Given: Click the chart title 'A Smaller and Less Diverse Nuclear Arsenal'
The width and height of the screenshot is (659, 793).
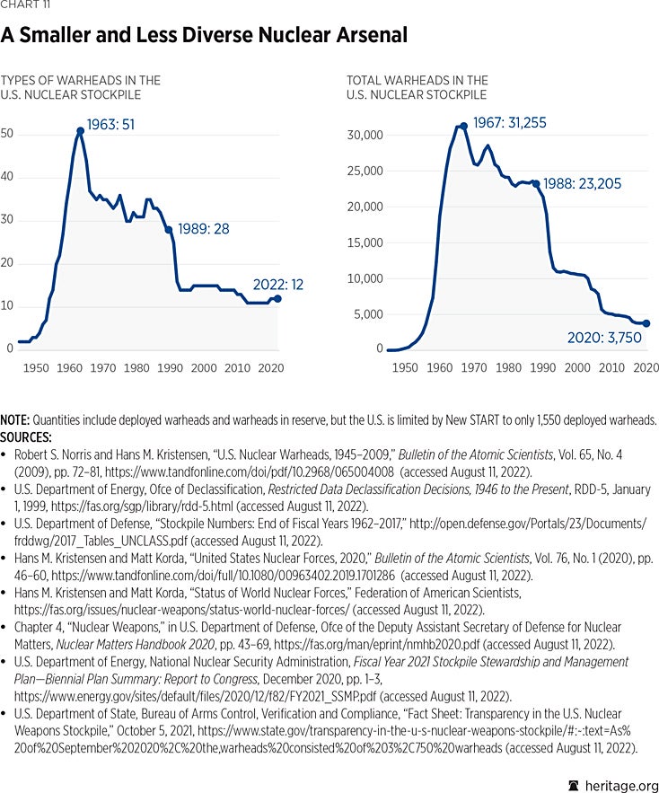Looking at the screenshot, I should (204, 35).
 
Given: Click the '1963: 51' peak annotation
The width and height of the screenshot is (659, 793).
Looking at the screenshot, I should (110, 125).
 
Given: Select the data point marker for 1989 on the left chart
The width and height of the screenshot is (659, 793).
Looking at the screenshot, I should (168, 230).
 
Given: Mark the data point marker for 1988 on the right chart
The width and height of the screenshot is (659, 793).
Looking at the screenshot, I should (536, 183).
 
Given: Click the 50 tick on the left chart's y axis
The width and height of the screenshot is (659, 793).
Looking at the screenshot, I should (9, 134).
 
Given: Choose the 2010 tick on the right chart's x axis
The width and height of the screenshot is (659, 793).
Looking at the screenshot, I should (612, 368).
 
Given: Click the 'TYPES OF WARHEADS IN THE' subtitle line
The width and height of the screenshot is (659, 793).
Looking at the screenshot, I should (81, 81).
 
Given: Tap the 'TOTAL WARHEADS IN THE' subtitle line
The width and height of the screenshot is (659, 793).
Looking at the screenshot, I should (417, 81).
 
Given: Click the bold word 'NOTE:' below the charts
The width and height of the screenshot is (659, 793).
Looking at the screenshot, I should (16, 420).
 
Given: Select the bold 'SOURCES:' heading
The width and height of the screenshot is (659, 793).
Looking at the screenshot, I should (28, 436).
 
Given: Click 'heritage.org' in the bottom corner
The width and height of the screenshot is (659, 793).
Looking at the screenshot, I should (620, 783).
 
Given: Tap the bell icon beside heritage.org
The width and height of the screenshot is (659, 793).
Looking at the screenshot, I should (574, 783).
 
